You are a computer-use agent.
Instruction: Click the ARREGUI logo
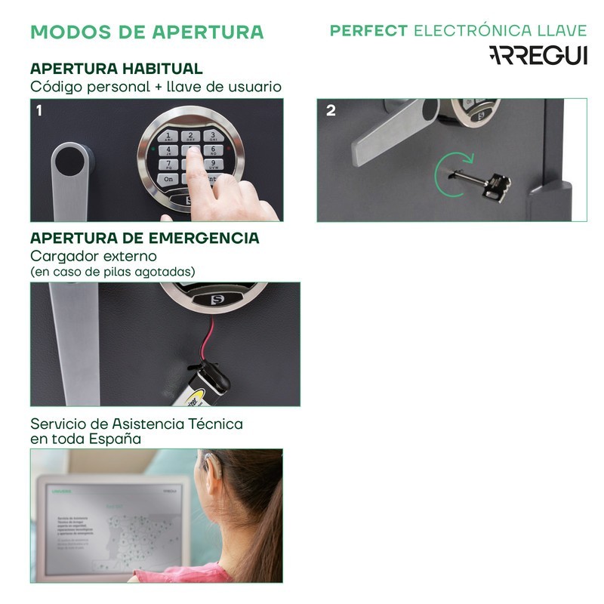538,55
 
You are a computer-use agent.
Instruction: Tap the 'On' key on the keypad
168,179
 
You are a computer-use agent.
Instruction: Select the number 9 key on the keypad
214,164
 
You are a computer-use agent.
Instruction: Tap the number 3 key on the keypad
214,137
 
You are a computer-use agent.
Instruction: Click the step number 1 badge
39,110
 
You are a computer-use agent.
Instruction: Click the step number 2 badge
331,110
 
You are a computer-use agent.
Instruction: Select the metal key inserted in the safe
483,182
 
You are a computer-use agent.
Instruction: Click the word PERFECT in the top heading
369,31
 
